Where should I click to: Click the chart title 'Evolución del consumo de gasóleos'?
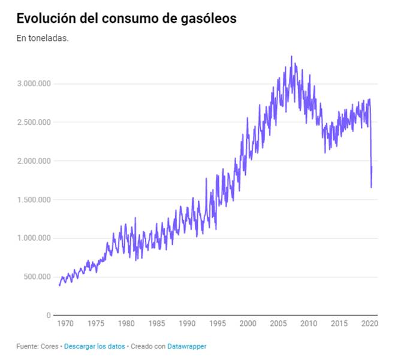(126, 19)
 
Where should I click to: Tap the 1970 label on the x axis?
(65, 324)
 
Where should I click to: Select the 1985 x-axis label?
(156, 324)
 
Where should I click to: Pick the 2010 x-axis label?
(309, 324)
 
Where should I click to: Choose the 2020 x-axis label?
(369, 324)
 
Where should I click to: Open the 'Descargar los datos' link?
(94, 346)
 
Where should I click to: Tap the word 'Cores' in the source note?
(49, 346)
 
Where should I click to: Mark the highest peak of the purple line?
(291, 56)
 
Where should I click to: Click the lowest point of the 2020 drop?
(371, 187)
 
